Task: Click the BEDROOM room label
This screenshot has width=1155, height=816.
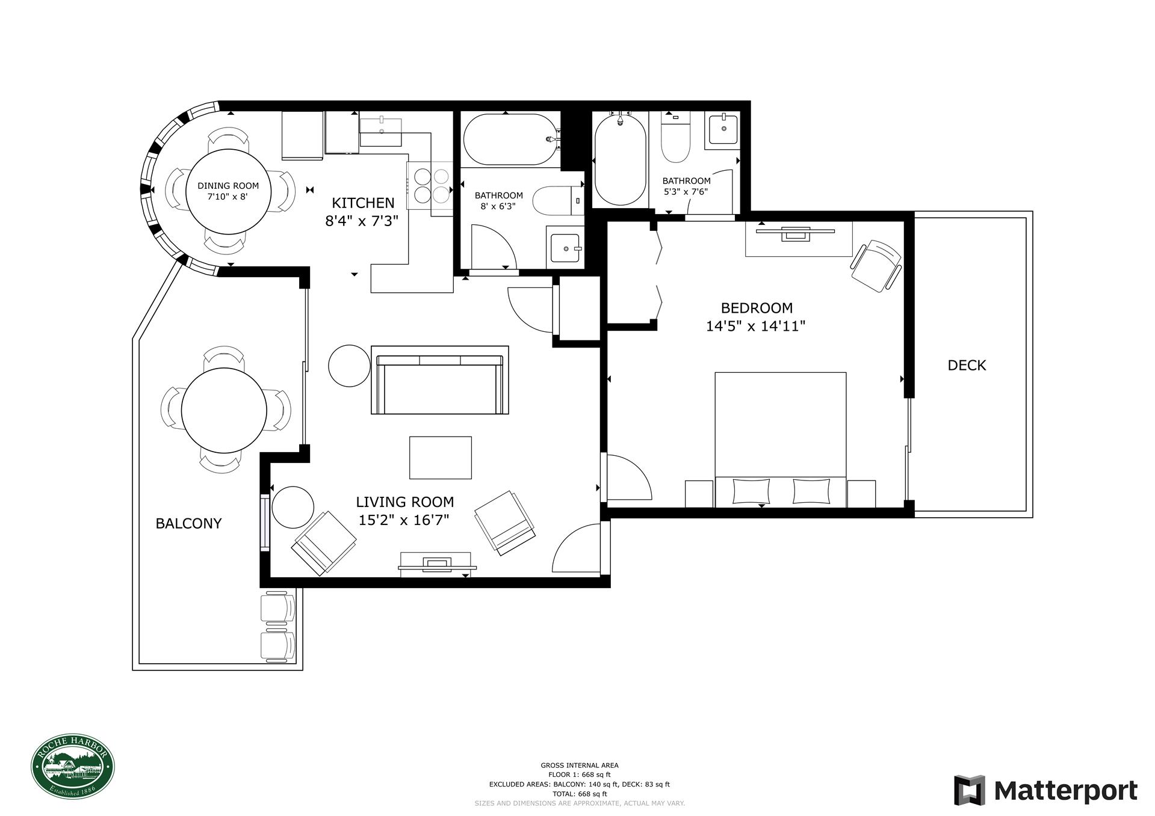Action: point(756,308)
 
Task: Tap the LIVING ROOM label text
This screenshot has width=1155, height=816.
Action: point(404,502)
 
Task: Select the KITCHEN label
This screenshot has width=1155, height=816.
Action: point(363,203)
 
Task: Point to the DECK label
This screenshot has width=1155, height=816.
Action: point(967,365)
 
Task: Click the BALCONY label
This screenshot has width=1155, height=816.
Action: point(188,523)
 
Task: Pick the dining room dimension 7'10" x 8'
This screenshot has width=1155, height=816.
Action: point(228,196)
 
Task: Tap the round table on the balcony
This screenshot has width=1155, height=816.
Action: point(224,410)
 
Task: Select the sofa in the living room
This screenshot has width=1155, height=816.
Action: point(440,381)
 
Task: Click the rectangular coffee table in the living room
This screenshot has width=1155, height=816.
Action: point(440,458)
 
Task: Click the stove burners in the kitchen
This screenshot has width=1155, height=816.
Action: point(432,185)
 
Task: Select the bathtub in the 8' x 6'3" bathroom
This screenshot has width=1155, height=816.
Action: point(510,140)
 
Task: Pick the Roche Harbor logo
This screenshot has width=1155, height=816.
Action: point(73,768)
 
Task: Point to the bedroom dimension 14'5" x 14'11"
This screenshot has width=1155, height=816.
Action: point(756,327)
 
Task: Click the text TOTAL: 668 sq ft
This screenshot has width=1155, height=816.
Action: point(579,794)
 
